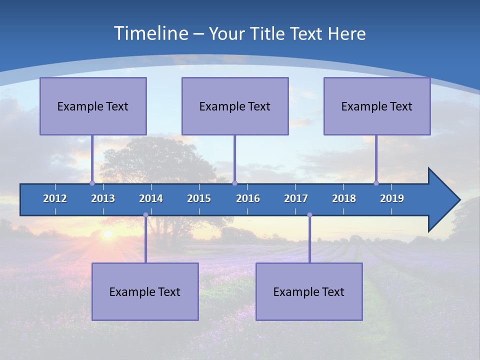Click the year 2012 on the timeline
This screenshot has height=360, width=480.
(55, 198)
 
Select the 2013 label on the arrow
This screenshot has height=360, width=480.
(103, 198)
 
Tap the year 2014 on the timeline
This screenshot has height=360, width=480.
(151, 198)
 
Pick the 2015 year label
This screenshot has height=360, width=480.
(199, 198)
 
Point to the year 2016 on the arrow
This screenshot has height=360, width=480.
(248, 198)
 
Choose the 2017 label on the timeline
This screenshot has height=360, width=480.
(296, 198)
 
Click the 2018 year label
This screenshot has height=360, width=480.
(344, 198)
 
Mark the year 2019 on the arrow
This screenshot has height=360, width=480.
(392, 198)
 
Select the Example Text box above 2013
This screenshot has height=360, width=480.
(93, 106)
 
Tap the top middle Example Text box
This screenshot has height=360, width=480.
(235, 106)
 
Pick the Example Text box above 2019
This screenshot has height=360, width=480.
(377, 106)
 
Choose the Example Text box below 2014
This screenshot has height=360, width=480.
(145, 291)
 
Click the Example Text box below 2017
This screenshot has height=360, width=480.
(309, 291)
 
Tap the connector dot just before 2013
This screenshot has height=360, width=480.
(92, 183)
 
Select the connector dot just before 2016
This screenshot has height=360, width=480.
(234, 183)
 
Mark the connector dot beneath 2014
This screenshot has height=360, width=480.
(145, 215)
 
